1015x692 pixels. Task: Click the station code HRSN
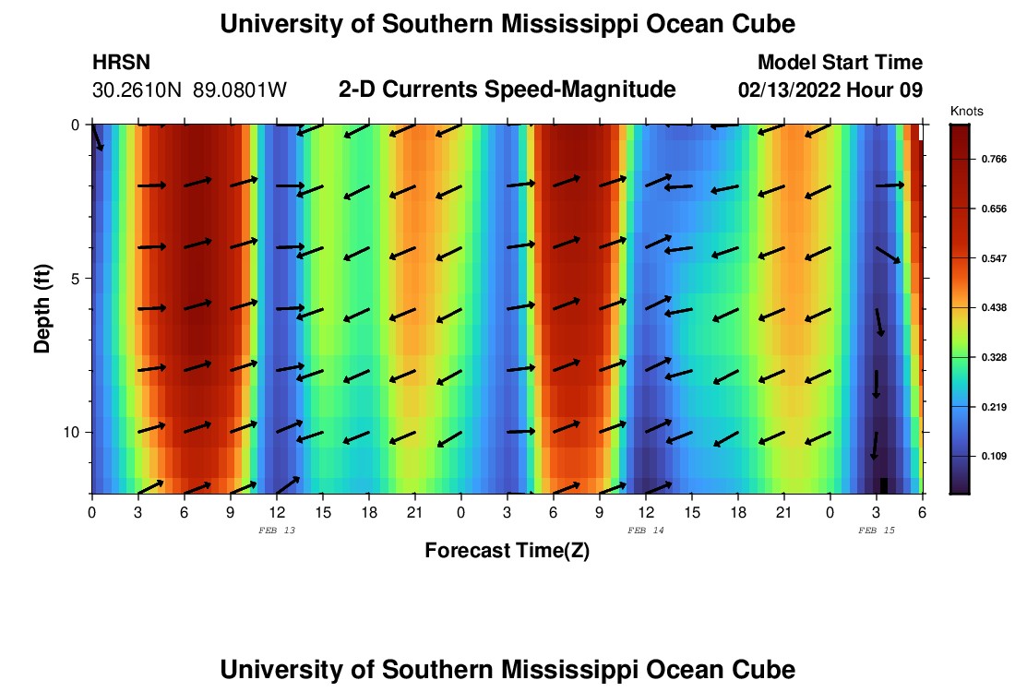[x=121, y=63]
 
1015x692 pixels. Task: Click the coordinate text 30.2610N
[x=138, y=90]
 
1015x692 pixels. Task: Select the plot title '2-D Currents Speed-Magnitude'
[x=507, y=89]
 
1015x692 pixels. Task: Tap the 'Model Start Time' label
[x=840, y=63]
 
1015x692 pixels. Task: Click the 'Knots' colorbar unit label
[x=966, y=111]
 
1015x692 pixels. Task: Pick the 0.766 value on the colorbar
[x=994, y=160]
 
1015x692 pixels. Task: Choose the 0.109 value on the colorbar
[x=994, y=456]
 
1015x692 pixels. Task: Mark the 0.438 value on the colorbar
[x=994, y=307]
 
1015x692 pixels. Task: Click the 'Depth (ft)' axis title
[x=42, y=308]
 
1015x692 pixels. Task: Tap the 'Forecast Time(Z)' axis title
[x=507, y=551]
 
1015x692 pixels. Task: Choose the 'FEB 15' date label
[x=876, y=531]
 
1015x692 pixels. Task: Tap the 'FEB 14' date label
[x=645, y=531]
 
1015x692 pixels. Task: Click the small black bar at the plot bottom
[x=884, y=485]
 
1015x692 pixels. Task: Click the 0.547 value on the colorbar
[x=994, y=258]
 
